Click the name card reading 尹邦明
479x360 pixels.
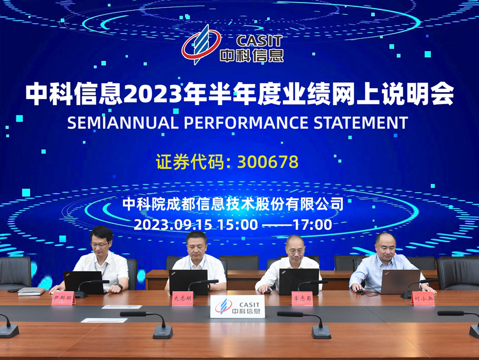[x=63, y=298]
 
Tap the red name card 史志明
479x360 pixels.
[x=183, y=298]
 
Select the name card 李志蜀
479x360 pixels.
[x=302, y=298]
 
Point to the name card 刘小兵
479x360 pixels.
[x=423, y=298]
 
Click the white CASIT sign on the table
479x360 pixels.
[x=237, y=306]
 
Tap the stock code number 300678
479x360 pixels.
[x=268, y=162]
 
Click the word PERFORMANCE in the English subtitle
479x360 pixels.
[x=246, y=123]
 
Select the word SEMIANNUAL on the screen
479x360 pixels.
[x=123, y=123]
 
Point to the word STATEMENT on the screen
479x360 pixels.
[x=361, y=123]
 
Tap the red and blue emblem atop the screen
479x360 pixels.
[x=201, y=45]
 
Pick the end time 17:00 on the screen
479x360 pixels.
[x=313, y=225]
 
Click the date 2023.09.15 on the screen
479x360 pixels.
[x=173, y=225]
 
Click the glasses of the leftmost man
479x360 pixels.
[x=99, y=245]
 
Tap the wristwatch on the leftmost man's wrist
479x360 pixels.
[x=120, y=287]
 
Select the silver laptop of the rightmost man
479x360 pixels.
[x=400, y=282]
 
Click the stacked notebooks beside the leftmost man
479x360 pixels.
[x=31, y=291]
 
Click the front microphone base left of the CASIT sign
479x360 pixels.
[x=163, y=332]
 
